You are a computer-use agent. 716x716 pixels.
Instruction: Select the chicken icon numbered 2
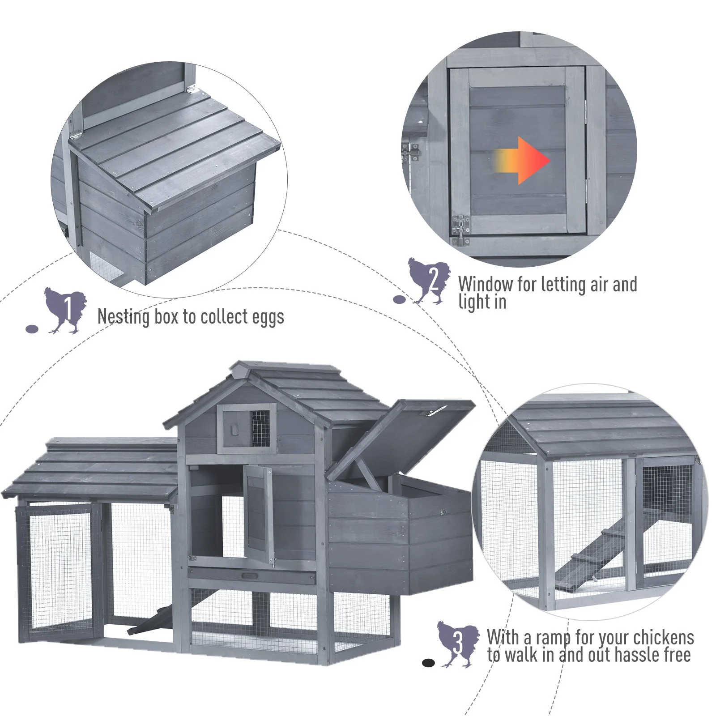429,281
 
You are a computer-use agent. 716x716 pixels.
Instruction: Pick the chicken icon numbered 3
458,644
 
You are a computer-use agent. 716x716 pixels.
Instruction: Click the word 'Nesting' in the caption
124,317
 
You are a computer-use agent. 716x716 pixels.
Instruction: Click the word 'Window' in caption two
486,284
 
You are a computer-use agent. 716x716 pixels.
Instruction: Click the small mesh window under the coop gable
260,428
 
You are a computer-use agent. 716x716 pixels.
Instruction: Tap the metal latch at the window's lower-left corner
460,230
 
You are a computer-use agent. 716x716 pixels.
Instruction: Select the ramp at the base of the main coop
149,620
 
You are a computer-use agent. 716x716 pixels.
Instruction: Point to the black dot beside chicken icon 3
428,663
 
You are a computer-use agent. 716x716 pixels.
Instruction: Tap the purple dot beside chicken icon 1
32,329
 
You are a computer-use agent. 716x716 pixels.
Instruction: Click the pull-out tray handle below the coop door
250,576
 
